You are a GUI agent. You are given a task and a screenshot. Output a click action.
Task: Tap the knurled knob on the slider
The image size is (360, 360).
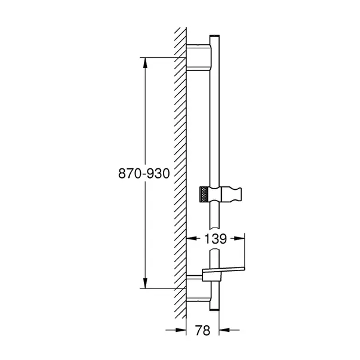204,195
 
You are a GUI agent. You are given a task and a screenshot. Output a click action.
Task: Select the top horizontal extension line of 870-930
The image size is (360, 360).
161,57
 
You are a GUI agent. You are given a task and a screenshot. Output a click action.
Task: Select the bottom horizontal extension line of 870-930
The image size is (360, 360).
161,288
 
